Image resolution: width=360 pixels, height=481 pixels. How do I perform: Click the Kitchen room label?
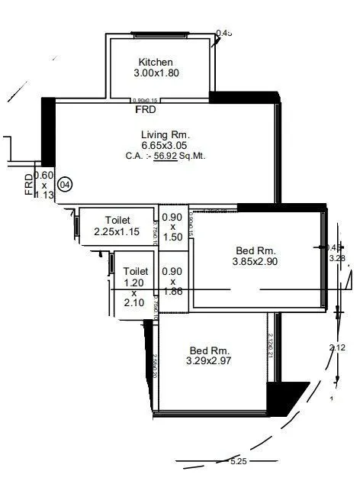click(x=156, y=62)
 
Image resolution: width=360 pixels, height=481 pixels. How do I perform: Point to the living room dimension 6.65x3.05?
click(x=164, y=145)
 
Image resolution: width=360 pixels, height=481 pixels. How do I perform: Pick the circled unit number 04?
click(x=66, y=184)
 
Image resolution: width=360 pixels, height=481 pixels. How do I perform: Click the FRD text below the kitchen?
click(x=146, y=110)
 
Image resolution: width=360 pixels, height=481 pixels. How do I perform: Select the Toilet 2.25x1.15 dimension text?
click(x=117, y=231)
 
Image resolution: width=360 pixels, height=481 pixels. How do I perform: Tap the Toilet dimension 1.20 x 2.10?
click(x=135, y=292)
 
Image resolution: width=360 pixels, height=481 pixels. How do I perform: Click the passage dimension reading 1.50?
click(x=172, y=237)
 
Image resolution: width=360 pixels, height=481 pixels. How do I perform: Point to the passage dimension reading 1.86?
click(x=172, y=292)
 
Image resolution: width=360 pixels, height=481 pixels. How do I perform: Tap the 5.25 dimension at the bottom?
click(x=239, y=461)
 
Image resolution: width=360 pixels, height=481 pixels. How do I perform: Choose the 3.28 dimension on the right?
click(x=336, y=258)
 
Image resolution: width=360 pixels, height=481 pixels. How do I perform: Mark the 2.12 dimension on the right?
click(x=336, y=347)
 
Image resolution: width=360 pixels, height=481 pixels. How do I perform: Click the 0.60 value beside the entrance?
click(x=43, y=175)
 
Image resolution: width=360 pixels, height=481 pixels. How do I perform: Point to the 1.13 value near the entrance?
click(x=45, y=195)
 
